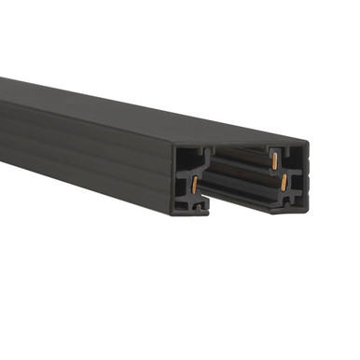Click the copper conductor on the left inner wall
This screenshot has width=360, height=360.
195,185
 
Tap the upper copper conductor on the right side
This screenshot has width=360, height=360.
276,160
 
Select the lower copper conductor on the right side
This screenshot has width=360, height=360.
278,186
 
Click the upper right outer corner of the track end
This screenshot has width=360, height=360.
306,144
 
